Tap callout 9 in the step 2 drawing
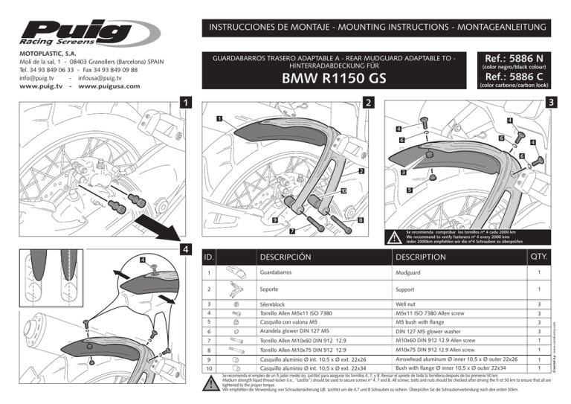[274, 220]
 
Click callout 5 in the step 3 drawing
[409, 190]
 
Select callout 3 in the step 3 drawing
[402, 173]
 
